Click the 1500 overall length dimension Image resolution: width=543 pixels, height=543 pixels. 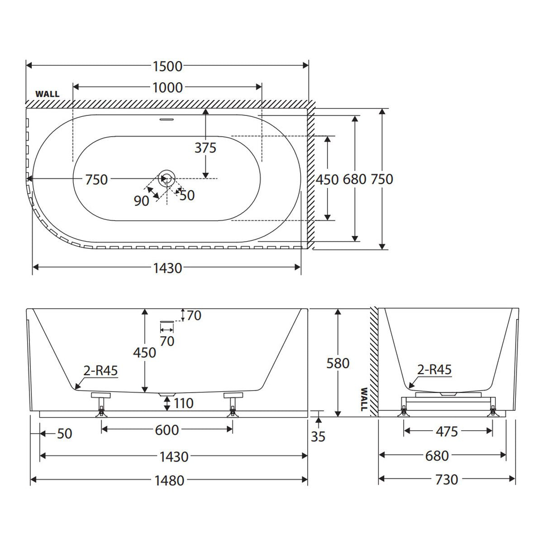[167, 67]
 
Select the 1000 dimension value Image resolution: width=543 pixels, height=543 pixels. [167, 88]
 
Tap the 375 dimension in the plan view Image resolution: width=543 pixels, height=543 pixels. [205, 148]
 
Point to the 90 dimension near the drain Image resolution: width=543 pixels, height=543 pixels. [141, 201]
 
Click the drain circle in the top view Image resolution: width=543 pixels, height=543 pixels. [167, 178]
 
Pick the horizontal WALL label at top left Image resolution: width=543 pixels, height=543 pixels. [48, 94]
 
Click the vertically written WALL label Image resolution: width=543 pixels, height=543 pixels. [364, 399]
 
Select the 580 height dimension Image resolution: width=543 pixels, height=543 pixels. [338, 363]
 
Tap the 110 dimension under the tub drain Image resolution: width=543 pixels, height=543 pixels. [183, 404]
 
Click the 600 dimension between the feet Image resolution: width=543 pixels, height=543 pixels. [167, 430]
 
